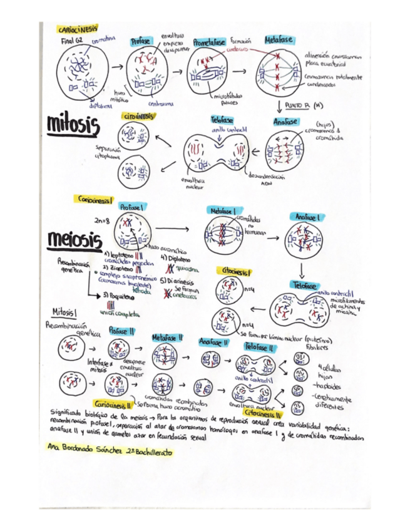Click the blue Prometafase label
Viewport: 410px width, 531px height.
coord(211,42)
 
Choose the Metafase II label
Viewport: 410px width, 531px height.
coord(167,338)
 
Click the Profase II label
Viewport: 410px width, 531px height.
coord(119,330)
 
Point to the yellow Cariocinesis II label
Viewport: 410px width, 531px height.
coord(113,404)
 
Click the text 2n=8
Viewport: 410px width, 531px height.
coord(102,220)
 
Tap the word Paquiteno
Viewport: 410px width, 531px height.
coord(120,294)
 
